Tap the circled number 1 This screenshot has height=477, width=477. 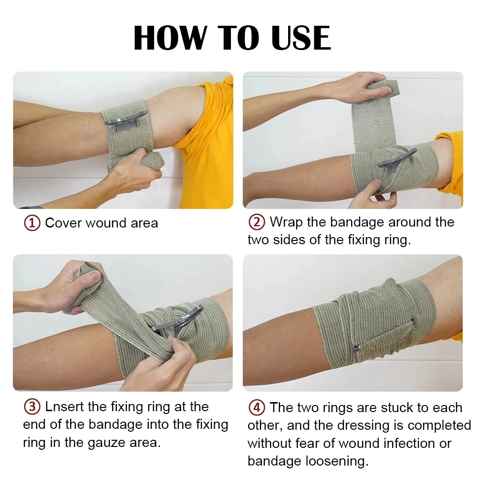tap(32, 223)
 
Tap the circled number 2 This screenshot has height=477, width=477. tap(257, 222)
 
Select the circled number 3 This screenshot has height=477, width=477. tap(32, 407)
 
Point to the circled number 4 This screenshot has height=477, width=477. tap(257, 408)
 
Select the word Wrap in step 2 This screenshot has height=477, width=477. tap(285, 222)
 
